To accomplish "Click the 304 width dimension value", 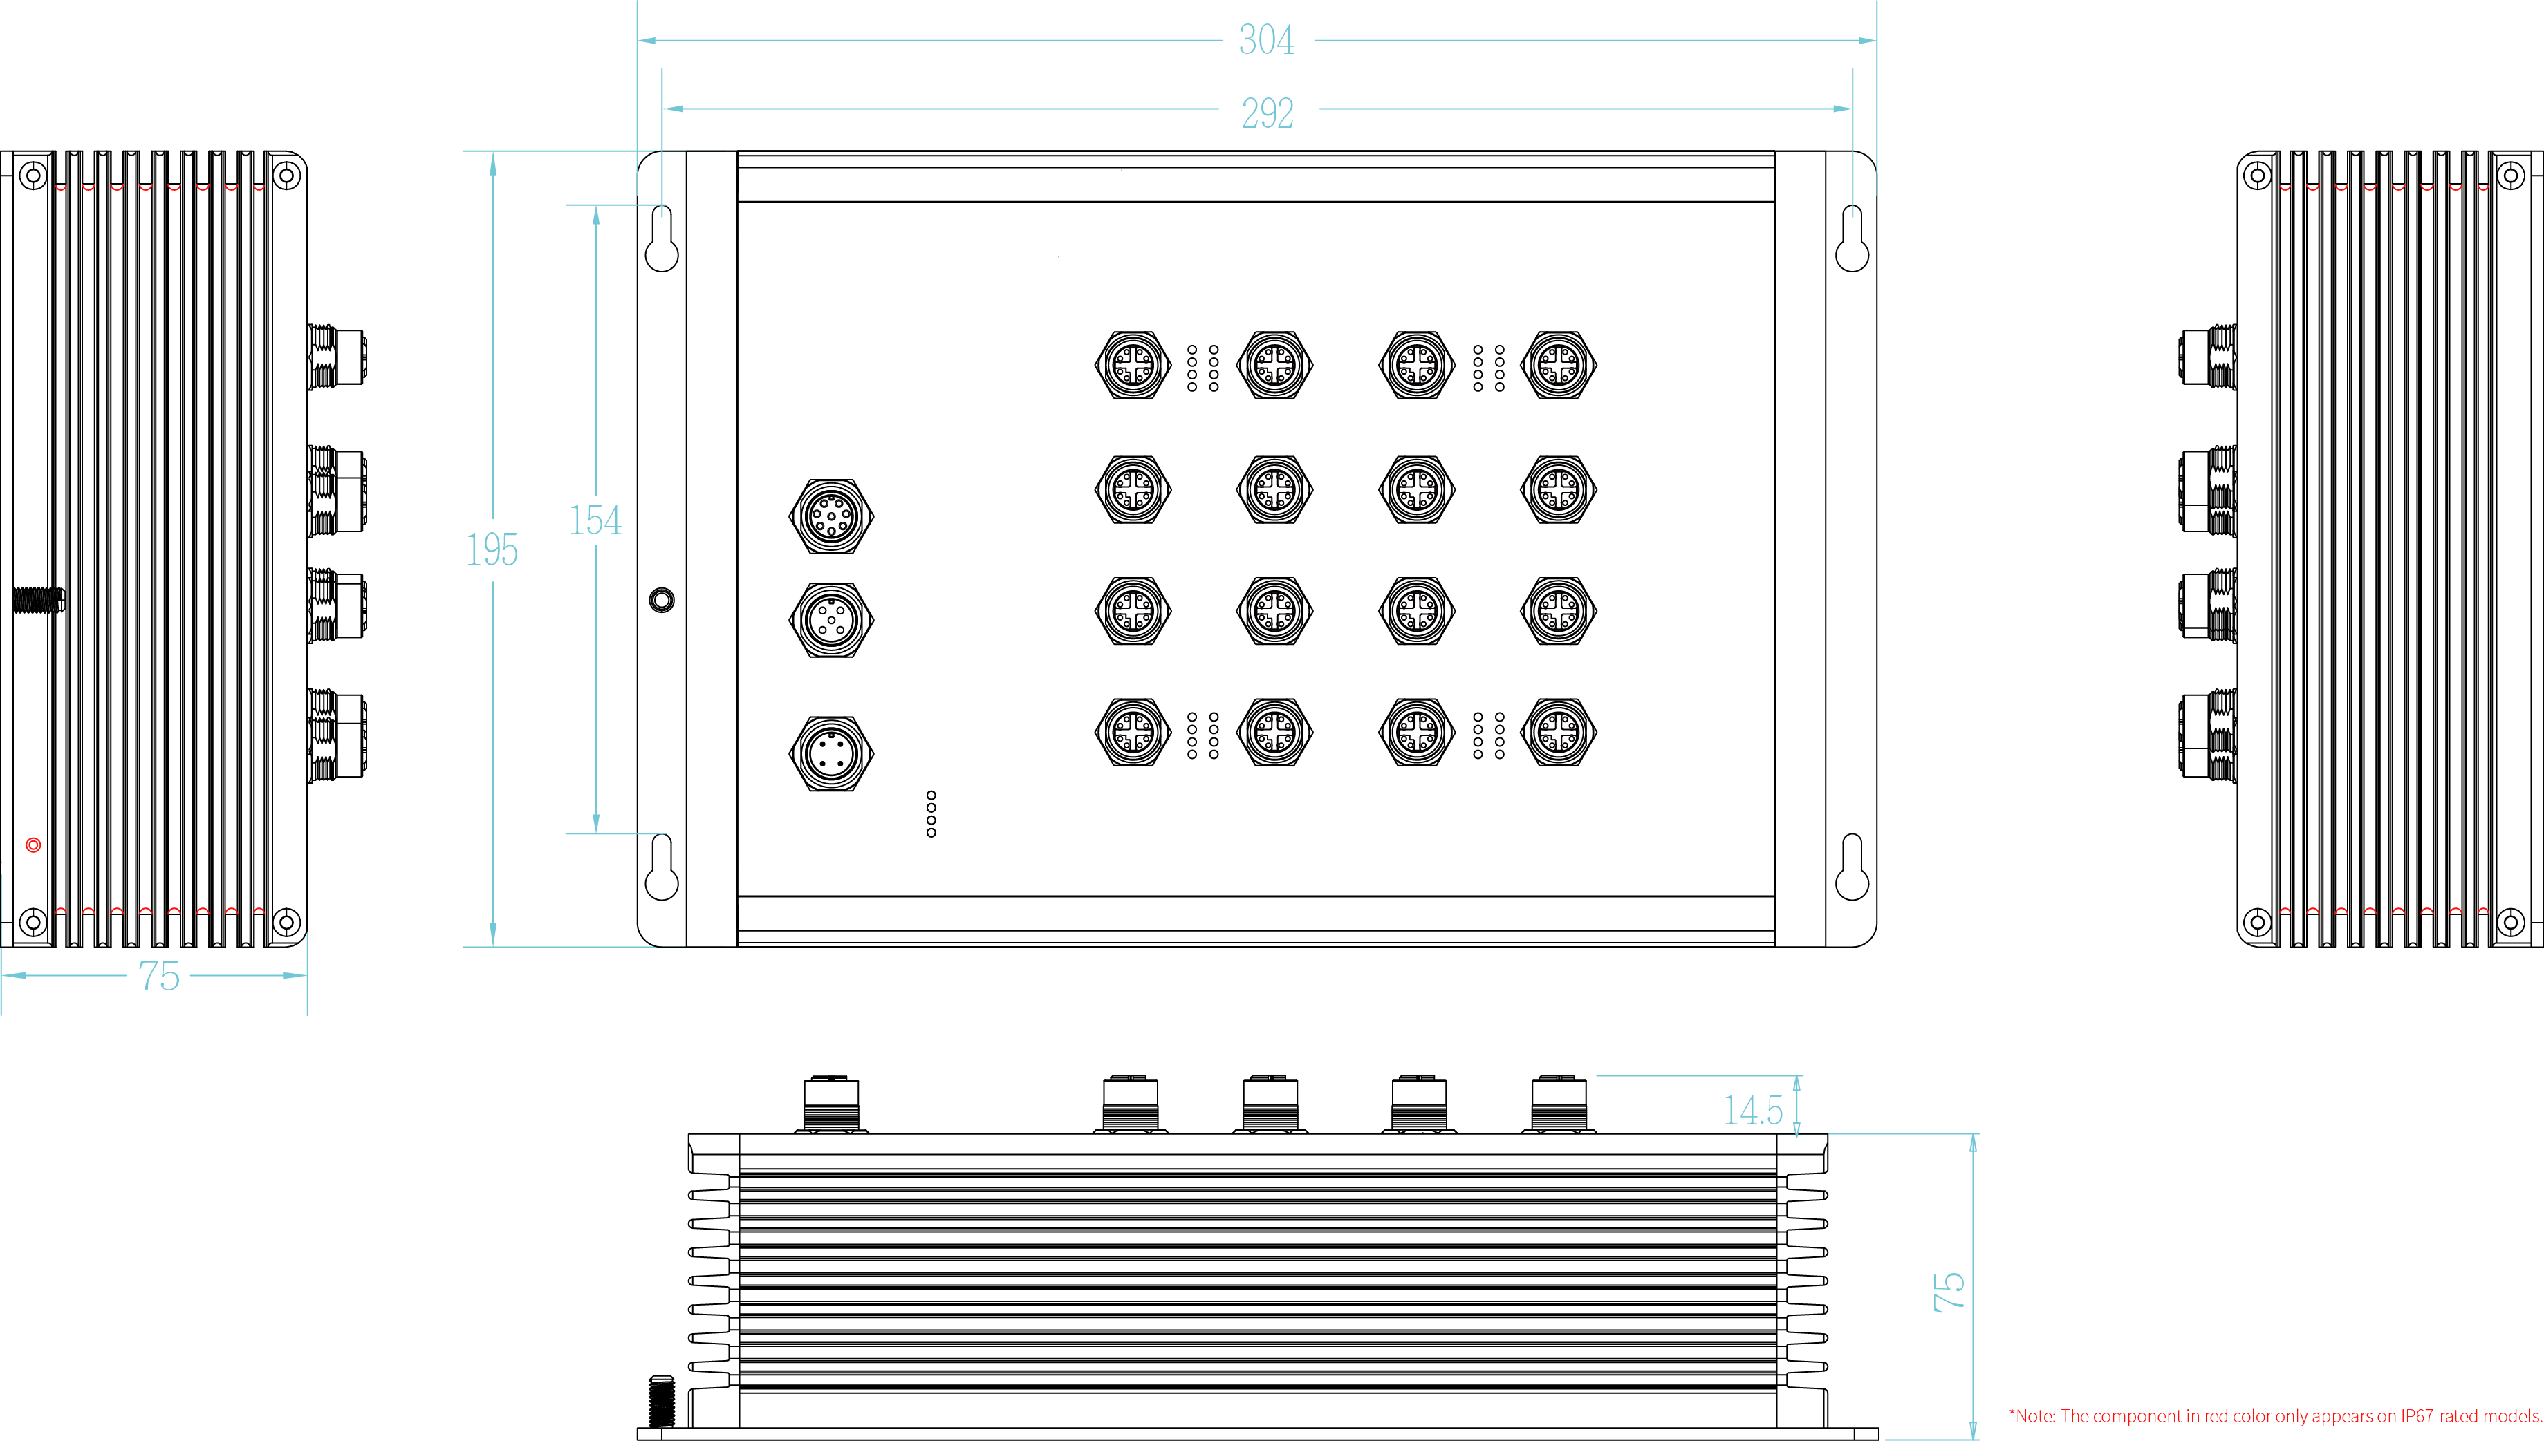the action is point(1266,41).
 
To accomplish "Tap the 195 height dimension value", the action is point(492,550).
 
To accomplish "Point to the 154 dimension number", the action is point(595,520).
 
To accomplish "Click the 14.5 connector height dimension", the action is point(1752,1111).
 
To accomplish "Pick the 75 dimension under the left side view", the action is point(158,977).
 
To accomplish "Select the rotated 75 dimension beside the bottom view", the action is point(1948,1292).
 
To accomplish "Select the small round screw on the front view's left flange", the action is point(661,600).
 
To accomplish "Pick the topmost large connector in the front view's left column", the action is point(831,516).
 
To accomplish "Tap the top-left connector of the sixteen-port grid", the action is point(1133,365).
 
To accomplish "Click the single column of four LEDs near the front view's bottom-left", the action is point(931,813).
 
